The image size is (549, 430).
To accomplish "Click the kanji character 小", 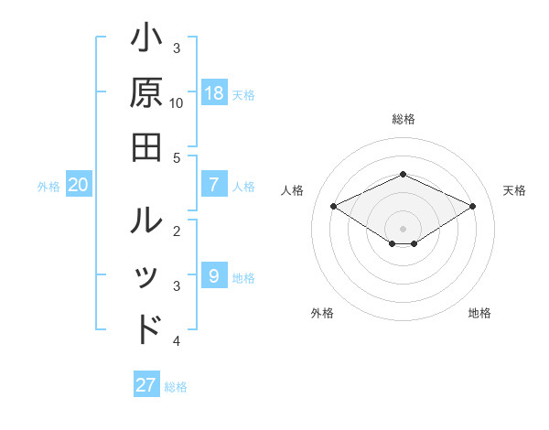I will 147,40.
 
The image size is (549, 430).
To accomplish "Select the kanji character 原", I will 147,92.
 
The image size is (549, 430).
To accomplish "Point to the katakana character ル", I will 147,222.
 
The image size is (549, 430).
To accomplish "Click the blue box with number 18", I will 214,92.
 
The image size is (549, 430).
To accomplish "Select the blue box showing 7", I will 214,184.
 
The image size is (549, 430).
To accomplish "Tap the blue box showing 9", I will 214,275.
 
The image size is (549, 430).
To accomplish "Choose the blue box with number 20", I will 79,184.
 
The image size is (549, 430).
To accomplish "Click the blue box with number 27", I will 146,385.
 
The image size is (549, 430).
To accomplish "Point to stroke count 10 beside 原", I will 177,102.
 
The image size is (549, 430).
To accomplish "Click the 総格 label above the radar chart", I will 404,119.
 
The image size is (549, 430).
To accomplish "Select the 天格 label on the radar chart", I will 514,190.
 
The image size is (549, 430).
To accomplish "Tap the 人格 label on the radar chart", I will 293,190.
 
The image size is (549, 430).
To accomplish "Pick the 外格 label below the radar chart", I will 322,313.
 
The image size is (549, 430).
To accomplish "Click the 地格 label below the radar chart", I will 479,313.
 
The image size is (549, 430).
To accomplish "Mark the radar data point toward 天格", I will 472,206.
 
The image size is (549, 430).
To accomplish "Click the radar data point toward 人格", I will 334,206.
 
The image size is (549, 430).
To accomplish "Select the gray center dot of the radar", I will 404,228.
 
